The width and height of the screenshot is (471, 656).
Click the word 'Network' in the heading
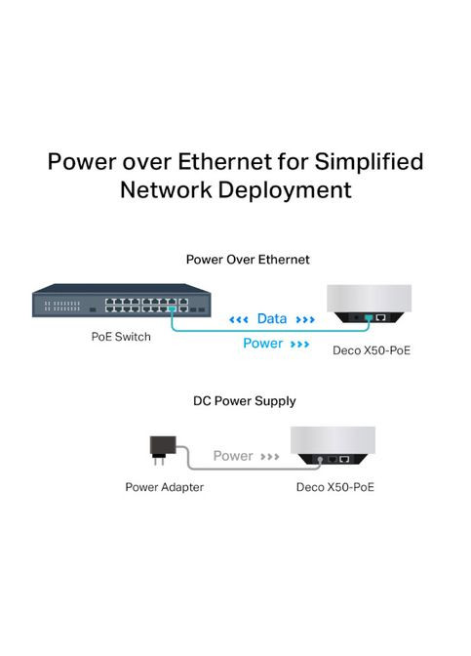click(162, 189)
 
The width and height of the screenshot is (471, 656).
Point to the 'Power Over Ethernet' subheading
click(248, 260)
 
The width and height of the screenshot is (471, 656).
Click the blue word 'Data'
click(271, 319)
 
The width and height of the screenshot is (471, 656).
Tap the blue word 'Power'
click(261, 344)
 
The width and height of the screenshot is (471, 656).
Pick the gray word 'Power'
click(233, 456)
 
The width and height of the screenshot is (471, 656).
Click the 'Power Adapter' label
click(164, 486)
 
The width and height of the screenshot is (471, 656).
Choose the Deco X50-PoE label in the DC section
click(334, 486)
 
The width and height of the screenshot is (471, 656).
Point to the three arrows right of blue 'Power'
click(300, 344)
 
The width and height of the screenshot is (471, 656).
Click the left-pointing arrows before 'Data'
click(239, 319)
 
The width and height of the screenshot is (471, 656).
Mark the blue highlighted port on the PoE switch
click(172, 308)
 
